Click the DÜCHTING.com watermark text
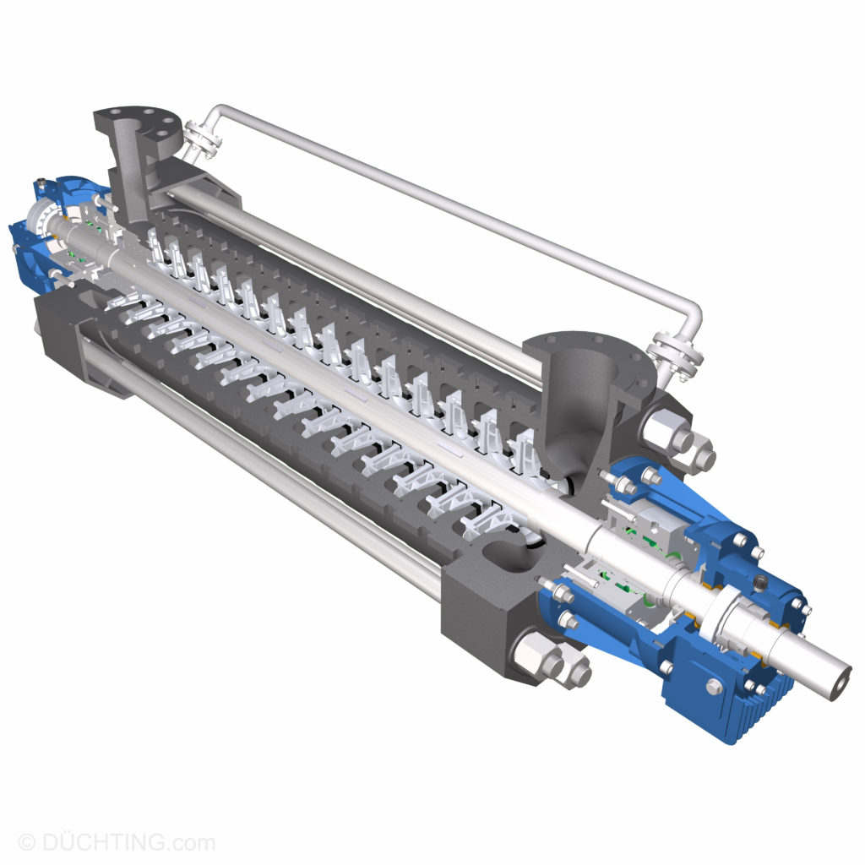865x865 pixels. (x=127, y=842)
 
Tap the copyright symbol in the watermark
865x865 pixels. (x=26, y=842)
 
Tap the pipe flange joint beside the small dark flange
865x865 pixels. (x=200, y=139)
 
